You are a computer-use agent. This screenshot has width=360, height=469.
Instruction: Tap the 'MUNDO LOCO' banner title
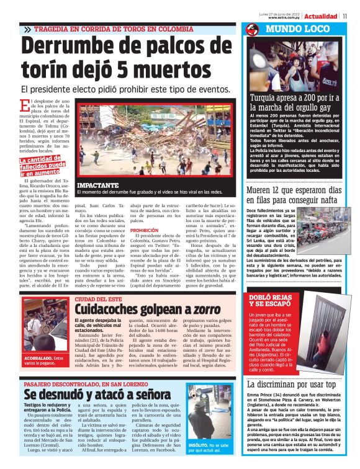click(297, 29)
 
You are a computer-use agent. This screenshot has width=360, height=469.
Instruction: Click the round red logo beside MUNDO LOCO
click(252, 29)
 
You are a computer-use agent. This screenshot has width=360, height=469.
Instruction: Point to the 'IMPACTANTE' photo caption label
click(97, 185)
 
